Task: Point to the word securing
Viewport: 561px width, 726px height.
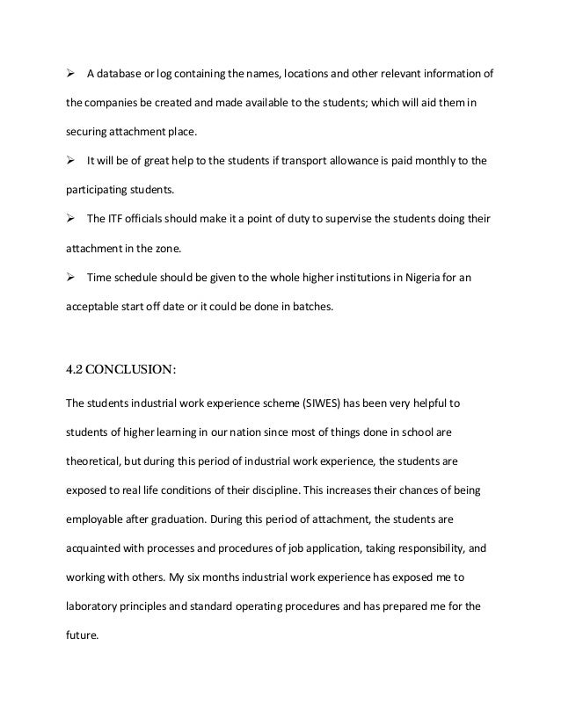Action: coord(89,132)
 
